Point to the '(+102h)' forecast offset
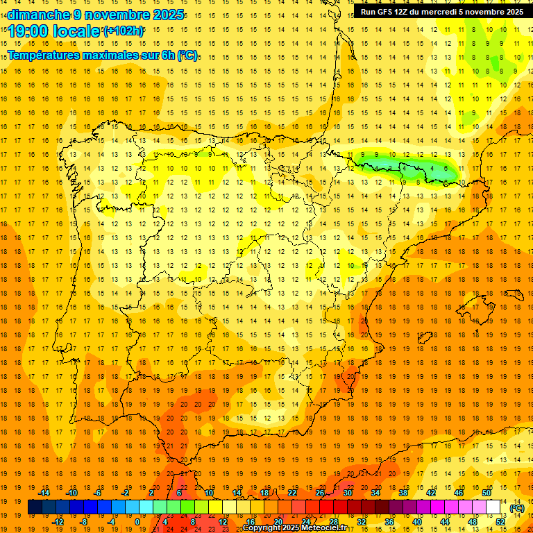click(123, 31)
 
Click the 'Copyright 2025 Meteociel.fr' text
click(294, 528)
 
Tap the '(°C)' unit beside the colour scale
click(516, 507)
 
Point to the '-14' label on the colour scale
click(44, 493)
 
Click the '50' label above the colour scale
click(487, 493)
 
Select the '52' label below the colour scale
click(500, 521)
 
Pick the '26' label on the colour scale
click(320, 493)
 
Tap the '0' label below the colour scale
click(137, 521)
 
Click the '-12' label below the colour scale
click(58, 521)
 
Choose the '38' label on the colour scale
click(403, 493)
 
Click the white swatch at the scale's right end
click(493, 507)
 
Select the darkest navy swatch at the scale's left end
click(35, 507)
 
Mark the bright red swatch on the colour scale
click(327, 507)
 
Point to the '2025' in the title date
click(167, 15)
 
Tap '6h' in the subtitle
click(167, 55)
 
